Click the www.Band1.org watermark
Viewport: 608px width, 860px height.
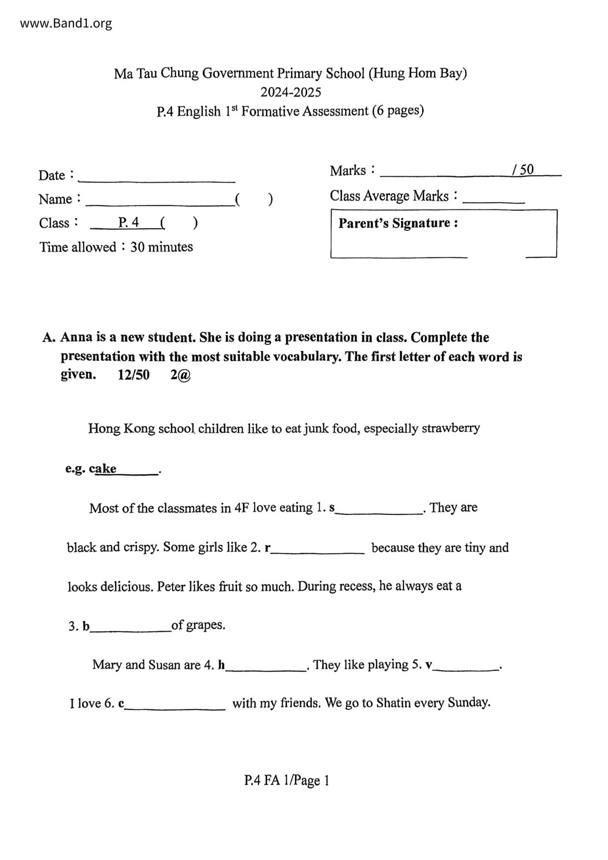(66, 23)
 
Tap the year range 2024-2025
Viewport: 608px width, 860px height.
(290, 92)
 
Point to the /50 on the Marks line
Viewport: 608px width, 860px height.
(523, 170)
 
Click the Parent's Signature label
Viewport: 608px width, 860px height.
(398, 223)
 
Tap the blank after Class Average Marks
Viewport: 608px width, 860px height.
(493, 200)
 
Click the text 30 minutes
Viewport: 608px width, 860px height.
(161, 247)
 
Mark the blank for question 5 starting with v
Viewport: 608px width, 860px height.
(466, 668)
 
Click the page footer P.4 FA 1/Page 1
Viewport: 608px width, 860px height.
(287, 780)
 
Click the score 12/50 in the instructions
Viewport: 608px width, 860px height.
(133, 375)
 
